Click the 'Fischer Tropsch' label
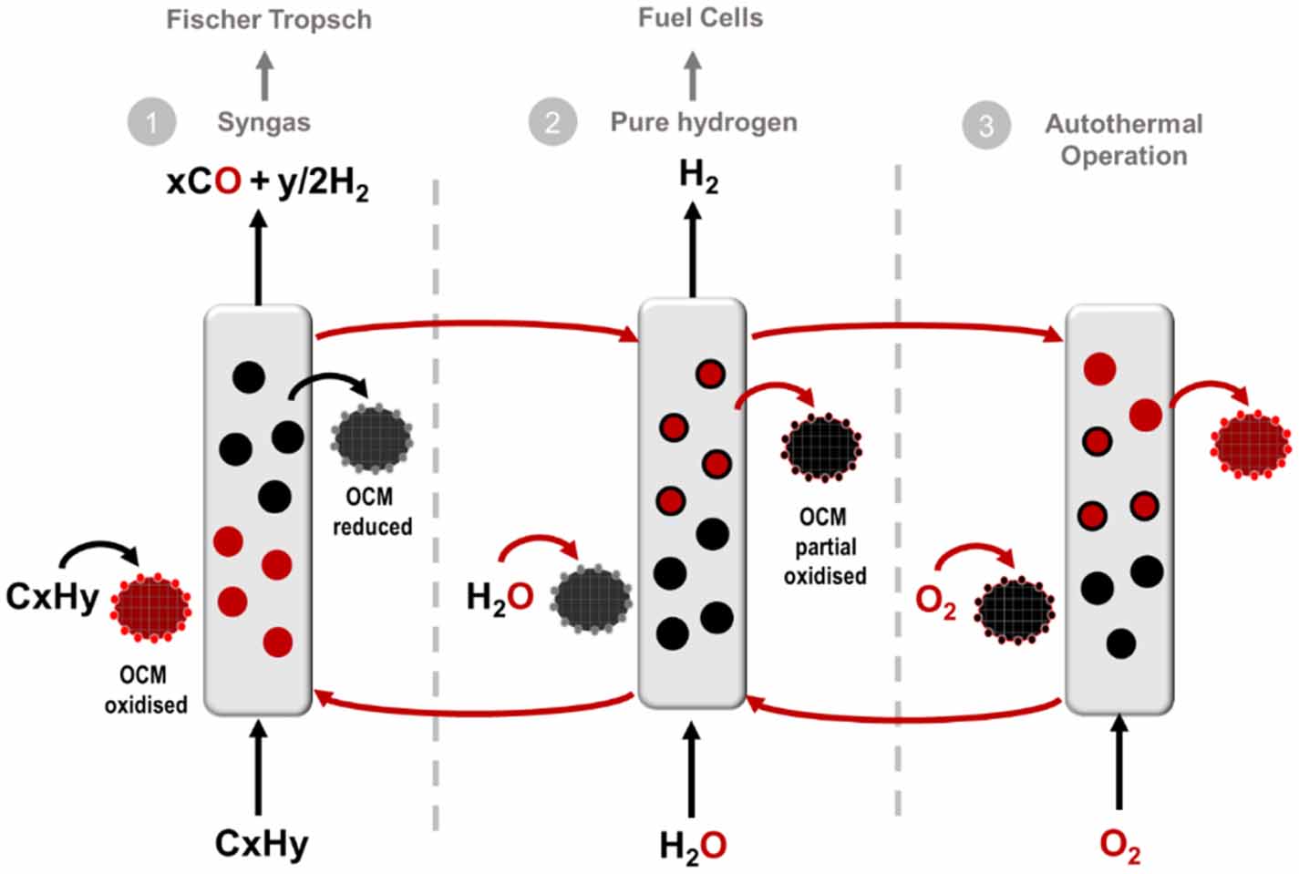coord(268,20)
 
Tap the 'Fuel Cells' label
coord(700,18)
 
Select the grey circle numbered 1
coord(151,122)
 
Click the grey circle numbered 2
coord(552,122)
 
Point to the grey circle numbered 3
coord(986,125)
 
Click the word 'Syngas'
coord(263,122)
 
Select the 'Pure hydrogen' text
coord(704,122)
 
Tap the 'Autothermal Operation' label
coord(1123,139)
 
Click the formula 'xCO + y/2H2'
coord(267,183)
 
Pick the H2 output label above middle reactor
coord(698,176)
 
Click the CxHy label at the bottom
coord(262,843)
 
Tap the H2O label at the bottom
coord(693,846)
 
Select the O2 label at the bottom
coord(1119,846)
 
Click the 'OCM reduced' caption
coord(372,511)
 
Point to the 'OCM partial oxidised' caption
coord(824,546)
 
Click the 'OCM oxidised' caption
coord(145,690)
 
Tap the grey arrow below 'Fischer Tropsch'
coord(264,75)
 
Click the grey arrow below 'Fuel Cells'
coord(693,75)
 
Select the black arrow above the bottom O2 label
coord(1119,762)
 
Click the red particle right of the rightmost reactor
coord(1251,445)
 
